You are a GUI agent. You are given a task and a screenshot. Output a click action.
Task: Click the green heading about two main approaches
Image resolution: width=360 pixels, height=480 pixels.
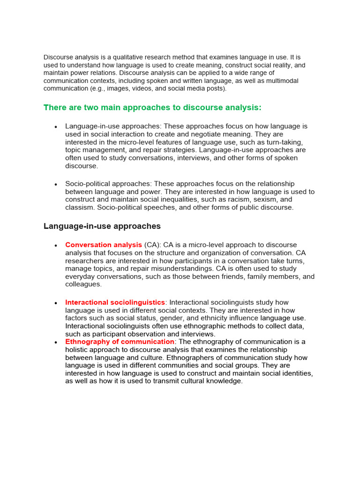tap(152, 108)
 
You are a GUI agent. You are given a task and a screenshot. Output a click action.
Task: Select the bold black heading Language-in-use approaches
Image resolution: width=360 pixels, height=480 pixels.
tap(102, 226)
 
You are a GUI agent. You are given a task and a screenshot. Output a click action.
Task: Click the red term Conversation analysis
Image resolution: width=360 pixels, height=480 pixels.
tap(104, 245)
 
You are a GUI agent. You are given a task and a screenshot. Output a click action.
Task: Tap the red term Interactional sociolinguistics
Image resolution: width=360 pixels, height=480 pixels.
tap(115, 302)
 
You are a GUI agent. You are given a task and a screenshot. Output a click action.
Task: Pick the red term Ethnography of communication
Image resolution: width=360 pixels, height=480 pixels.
tap(120, 342)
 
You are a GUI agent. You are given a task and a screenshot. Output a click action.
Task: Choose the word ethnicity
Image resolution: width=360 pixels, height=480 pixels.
tap(218, 318)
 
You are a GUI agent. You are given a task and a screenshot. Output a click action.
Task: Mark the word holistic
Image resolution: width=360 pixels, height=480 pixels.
tap(78, 350)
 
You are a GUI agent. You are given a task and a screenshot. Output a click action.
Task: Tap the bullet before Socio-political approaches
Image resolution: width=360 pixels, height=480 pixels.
tap(56, 184)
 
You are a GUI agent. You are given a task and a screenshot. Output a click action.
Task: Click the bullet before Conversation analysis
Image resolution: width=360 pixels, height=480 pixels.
tap(56, 245)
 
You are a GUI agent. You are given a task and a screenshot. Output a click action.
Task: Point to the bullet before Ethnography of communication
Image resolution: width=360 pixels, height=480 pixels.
tap(56, 342)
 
